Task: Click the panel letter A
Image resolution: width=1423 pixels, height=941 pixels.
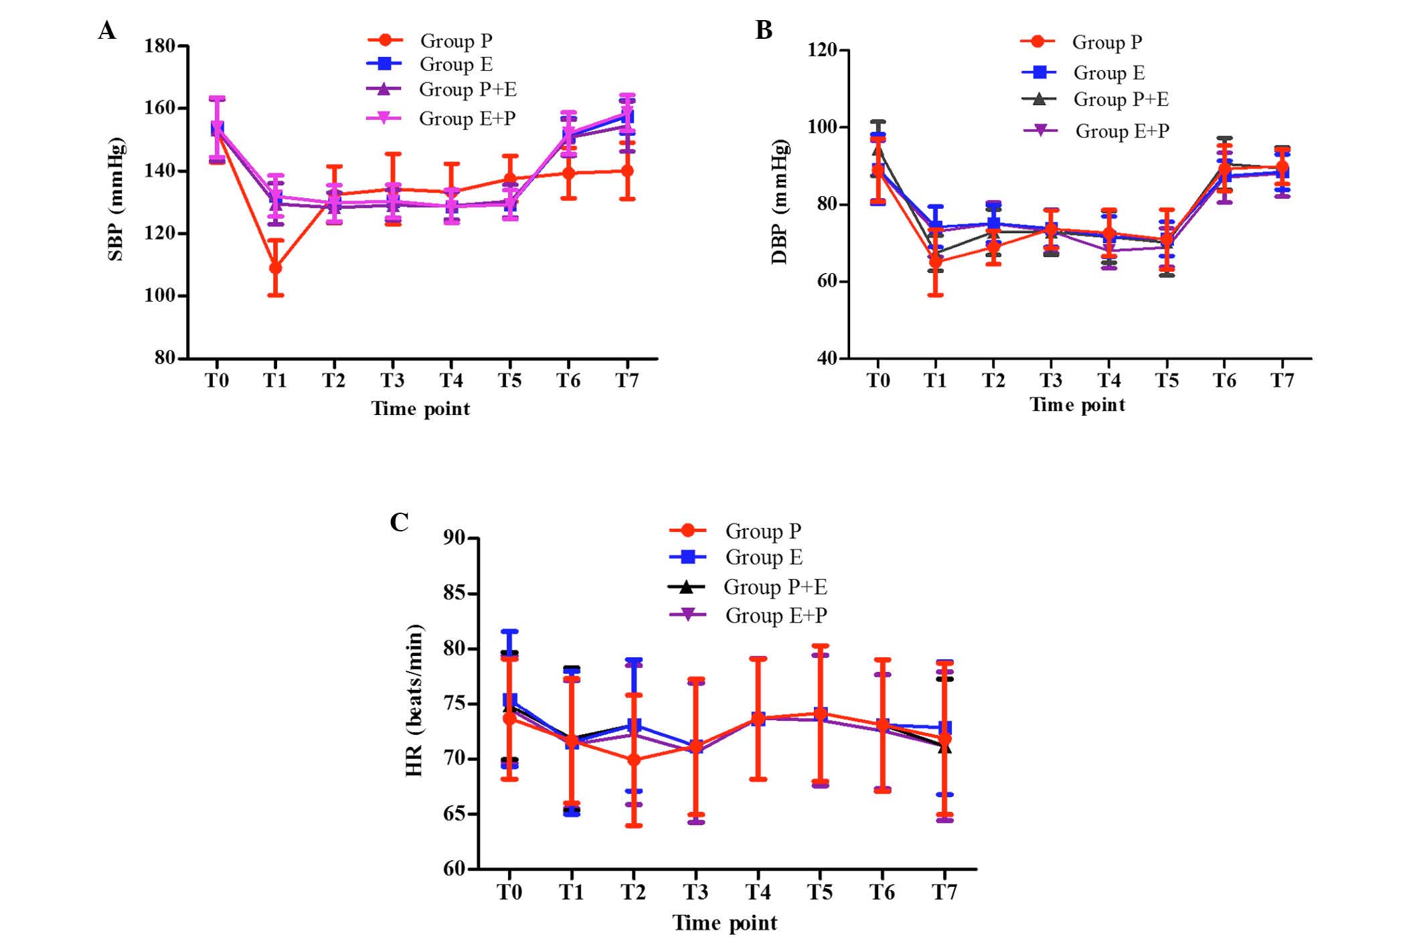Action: click(x=107, y=31)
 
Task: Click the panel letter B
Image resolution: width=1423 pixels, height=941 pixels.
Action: click(x=764, y=31)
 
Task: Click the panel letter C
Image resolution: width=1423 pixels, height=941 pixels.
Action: click(x=399, y=522)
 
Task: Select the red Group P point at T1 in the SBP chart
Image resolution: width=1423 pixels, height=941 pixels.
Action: click(x=275, y=268)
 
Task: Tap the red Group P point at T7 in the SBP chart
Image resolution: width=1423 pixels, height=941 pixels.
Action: click(x=626, y=171)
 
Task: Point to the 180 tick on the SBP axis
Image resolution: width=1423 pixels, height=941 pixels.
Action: click(x=160, y=46)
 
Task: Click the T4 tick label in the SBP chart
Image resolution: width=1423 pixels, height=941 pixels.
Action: click(x=451, y=381)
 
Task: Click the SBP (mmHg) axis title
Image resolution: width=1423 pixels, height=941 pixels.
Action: click(x=116, y=199)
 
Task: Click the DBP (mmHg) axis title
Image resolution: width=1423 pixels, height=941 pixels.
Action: click(x=780, y=202)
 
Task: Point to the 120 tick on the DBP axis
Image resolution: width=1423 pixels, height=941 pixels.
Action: click(x=823, y=50)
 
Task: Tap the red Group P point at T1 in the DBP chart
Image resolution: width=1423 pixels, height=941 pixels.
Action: click(x=936, y=261)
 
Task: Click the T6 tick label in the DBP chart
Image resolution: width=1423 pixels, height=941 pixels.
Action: click(x=1224, y=381)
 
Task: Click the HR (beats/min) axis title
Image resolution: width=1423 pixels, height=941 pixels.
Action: click(x=415, y=700)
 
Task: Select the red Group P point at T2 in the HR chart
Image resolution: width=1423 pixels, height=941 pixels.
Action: click(x=634, y=760)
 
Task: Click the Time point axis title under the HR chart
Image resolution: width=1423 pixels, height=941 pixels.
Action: click(x=725, y=923)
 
